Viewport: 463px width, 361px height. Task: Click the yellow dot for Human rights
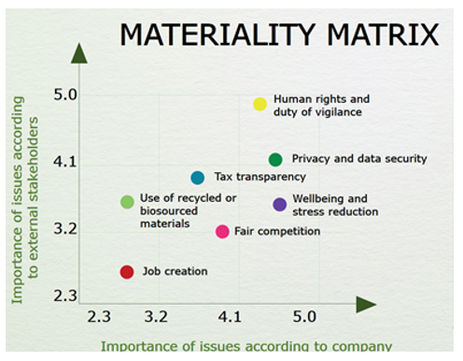[x=260, y=104]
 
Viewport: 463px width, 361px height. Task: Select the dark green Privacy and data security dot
[x=275, y=160]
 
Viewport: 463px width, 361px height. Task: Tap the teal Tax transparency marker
[x=198, y=178]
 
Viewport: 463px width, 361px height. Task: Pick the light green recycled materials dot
[x=127, y=202]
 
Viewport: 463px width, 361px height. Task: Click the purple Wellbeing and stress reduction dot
[x=279, y=205]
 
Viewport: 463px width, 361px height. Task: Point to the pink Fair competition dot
[x=222, y=232]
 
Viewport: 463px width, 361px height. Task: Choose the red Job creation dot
[x=127, y=272]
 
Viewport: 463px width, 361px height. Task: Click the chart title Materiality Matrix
[x=279, y=36]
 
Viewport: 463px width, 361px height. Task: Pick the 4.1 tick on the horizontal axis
[x=230, y=317]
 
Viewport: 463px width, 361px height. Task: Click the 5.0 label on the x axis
[x=305, y=317]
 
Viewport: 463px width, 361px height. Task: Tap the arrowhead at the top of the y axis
[x=79, y=53]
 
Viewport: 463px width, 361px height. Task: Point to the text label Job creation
[x=175, y=272]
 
